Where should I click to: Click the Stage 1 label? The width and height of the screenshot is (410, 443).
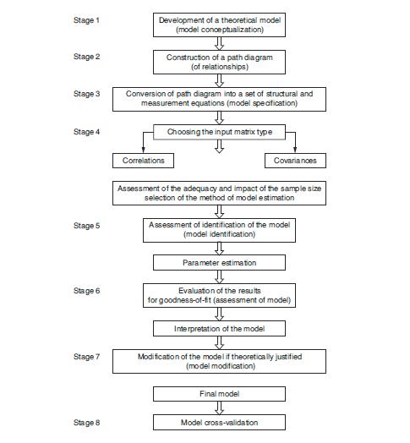tap(86, 20)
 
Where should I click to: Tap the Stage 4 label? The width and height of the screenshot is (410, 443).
tap(86, 132)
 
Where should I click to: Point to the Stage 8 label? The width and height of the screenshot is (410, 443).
tap(86, 423)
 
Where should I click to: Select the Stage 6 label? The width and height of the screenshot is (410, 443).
tap(86, 291)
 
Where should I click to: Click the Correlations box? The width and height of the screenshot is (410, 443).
tap(143, 161)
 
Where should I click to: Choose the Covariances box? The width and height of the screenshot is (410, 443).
tap(295, 161)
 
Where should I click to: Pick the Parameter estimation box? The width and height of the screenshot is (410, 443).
tap(219, 263)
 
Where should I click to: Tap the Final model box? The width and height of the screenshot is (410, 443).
tap(219, 394)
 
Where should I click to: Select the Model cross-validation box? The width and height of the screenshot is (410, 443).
tap(219, 423)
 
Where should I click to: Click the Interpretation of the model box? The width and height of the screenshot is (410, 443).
tap(219, 329)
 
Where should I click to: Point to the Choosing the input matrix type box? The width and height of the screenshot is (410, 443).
tap(219, 132)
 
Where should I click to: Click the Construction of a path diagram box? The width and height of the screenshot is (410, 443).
tap(219, 63)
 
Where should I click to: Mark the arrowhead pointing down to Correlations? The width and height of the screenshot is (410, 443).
tap(143, 150)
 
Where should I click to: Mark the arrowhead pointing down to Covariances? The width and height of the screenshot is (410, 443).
tap(295, 150)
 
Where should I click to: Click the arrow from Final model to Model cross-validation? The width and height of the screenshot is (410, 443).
tap(219, 408)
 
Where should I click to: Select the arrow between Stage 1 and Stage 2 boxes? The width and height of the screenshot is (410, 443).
tap(219, 43)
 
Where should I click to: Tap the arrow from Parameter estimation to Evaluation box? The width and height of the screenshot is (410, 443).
tap(219, 277)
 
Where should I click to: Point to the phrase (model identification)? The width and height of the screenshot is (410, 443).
tap(219, 234)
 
